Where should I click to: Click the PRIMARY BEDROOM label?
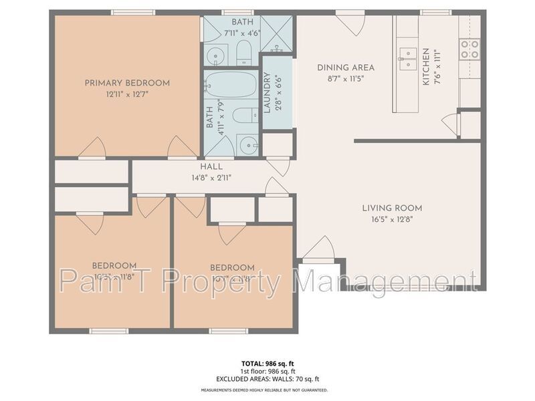pos(127,83)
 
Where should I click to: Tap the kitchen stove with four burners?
pos(470,48)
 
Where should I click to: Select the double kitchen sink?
pos(406,59)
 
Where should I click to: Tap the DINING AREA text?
pos(345,68)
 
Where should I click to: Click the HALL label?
pos(211,166)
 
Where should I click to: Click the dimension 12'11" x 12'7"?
pos(127,94)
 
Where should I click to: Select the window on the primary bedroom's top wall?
pos(133,12)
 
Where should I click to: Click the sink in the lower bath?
pos(247,144)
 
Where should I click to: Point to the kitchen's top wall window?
pos(436,12)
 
